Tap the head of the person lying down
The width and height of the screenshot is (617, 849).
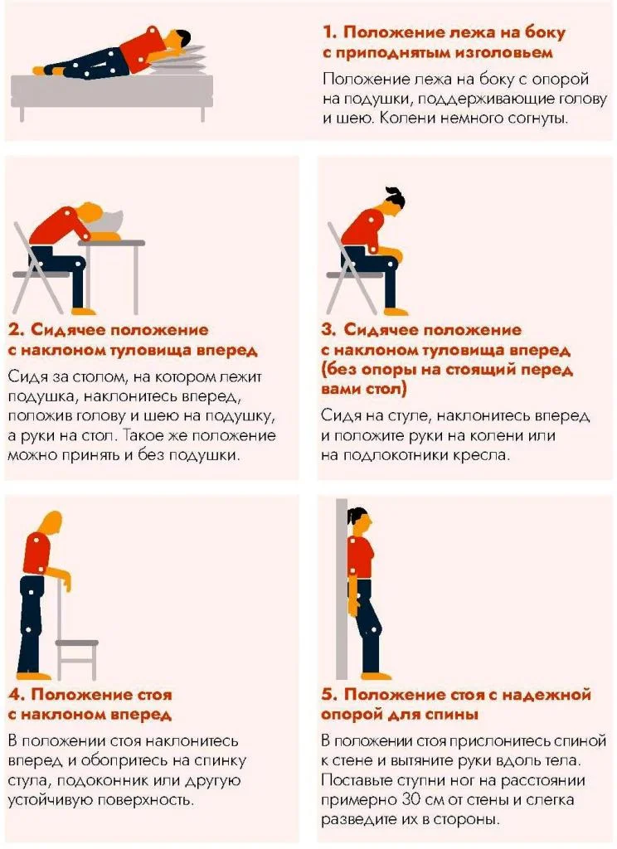[175, 39]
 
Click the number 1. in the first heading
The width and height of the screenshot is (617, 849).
[330, 33]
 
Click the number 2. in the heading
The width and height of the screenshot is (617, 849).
[16, 330]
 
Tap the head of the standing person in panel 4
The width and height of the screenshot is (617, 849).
[51, 523]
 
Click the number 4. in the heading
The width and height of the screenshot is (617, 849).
[16, 694]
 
